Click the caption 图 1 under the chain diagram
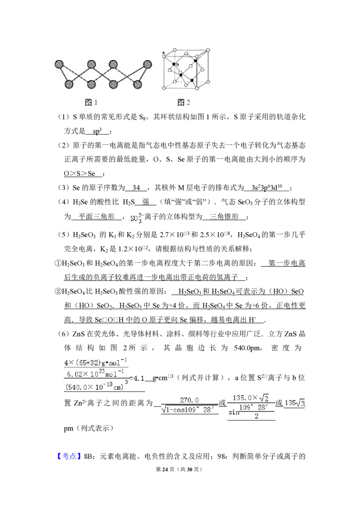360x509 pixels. (x=91, y=103)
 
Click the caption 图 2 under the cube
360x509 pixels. (x=184, y=103)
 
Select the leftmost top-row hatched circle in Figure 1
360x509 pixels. (x=60, y=64)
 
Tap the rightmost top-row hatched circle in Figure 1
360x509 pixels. (x=147, y=64)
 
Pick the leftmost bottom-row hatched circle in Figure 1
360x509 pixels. (x=69, y=84)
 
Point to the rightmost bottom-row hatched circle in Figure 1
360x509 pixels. (x=138, y=84)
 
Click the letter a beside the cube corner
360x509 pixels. (x=163, y=53)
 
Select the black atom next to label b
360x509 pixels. (x=174, y=65)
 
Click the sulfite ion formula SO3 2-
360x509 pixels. (x=136, y=219)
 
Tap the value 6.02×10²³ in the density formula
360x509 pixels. (x=85, y=374)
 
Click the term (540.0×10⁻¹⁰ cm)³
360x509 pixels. (x=95, y=385)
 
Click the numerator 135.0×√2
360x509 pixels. (x=251, y=397)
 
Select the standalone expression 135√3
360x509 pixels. (x=295, y=403)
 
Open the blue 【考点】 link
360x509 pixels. (x=70, y=456)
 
